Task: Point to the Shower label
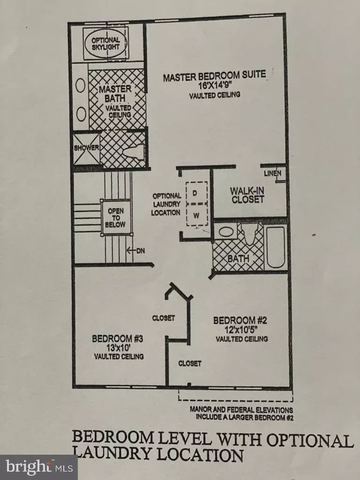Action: coord(86,148)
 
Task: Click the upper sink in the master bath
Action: coord(81,86)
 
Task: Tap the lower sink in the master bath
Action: coord(81,114)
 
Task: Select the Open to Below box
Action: coord(116,217)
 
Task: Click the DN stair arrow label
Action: coord(136,251)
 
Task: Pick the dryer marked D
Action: coord(196,193)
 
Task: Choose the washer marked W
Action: coord(196,215)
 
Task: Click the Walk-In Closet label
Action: coord(247,195)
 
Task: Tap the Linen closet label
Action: coord(273,173)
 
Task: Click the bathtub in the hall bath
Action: coord(276,247)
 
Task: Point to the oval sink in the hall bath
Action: coord(225,232)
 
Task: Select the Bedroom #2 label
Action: coord(240,321)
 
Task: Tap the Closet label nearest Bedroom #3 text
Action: coord(164,318)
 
